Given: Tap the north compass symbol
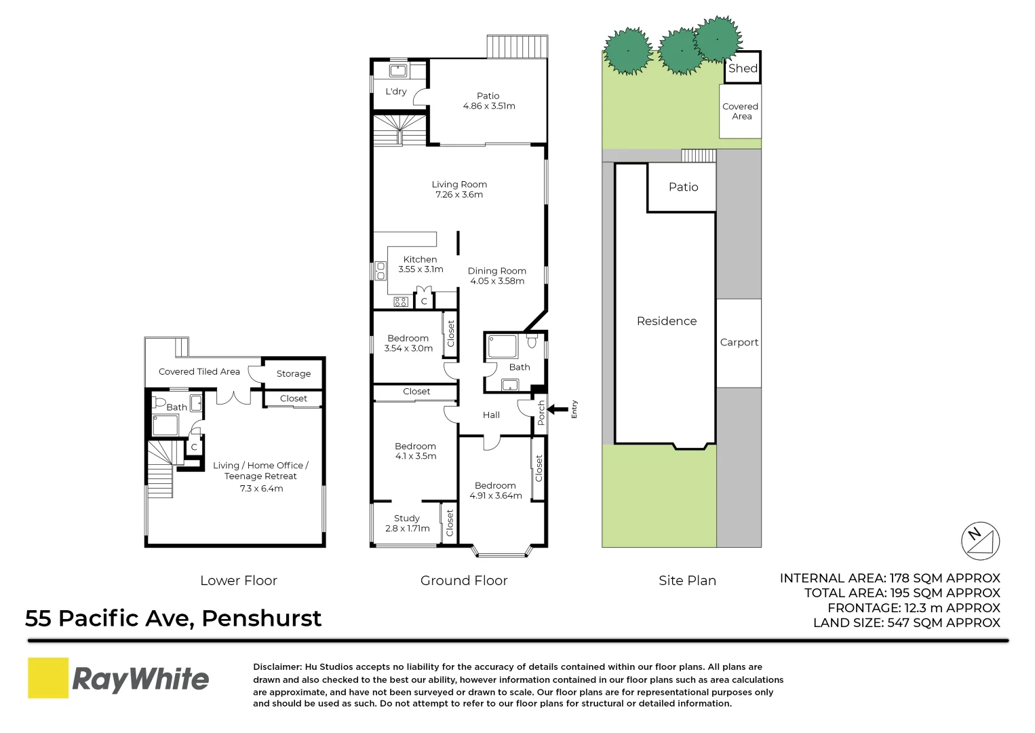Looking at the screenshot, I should coord(981,541).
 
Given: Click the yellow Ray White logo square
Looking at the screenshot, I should coord(48,677).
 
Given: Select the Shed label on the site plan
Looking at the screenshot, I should coord(743,68).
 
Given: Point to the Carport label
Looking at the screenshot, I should coord(739,343).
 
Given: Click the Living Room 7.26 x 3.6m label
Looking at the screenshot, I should coord(459,189).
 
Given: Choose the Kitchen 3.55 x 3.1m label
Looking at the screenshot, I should coord(421,264).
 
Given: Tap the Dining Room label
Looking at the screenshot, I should coord(497,276).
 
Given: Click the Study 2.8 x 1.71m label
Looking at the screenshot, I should coord(407,523).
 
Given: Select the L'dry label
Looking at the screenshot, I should coord(396,92).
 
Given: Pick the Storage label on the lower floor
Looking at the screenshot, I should coord(294,374).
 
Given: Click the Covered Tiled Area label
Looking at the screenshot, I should coord(199,372).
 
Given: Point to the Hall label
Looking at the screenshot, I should coord(491,415).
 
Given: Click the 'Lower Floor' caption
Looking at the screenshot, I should coord(239,581).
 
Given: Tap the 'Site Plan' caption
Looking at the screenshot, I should coord(687,581).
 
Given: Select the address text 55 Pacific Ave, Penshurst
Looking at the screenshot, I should coord(174,618).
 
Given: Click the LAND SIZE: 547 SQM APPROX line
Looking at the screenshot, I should coord(906,623).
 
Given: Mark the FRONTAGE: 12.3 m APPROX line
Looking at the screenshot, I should coord(914,608).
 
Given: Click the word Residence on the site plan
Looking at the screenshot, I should coord(667,321).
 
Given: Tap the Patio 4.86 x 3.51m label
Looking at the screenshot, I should coord(488,101).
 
